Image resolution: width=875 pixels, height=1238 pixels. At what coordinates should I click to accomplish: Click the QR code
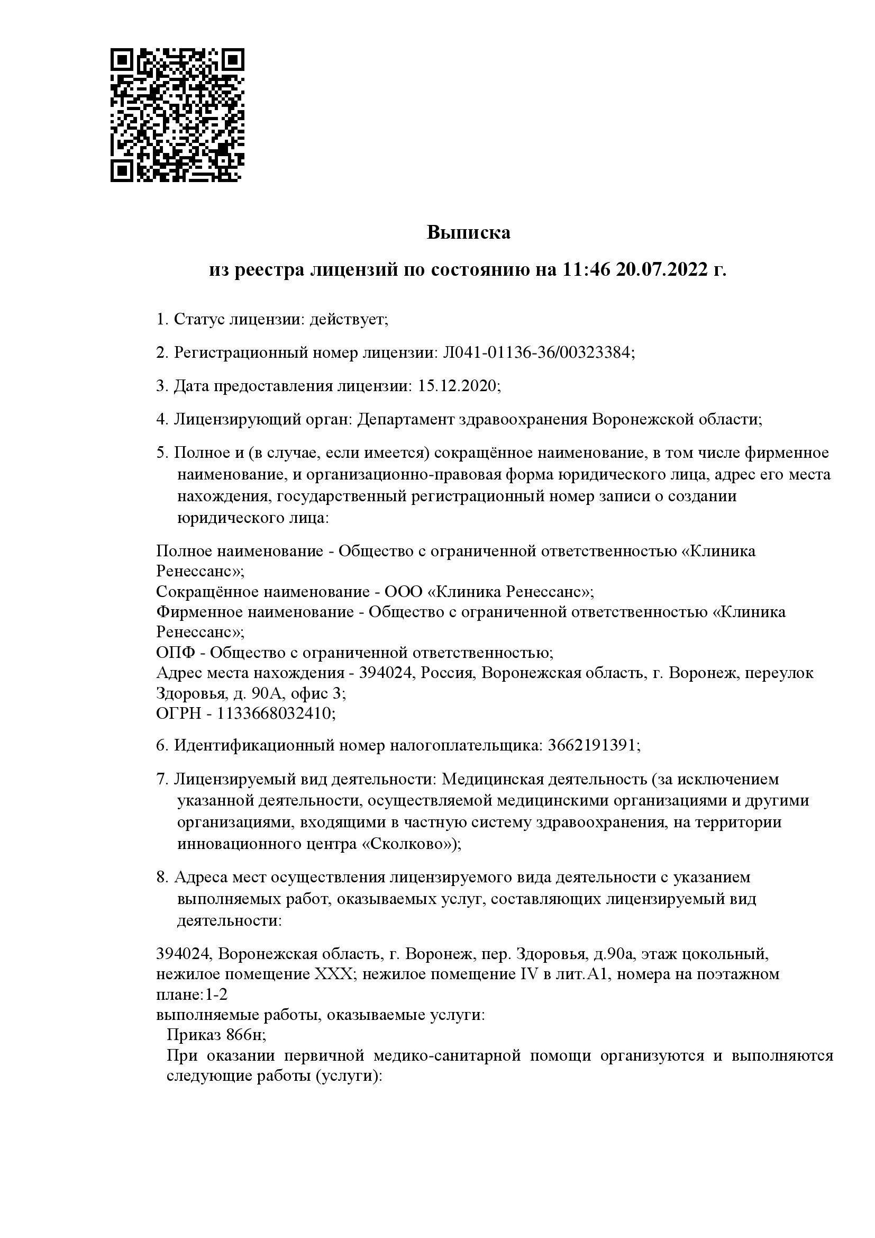[x=177, y=114]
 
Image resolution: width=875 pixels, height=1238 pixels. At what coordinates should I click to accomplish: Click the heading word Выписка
[x=468, y=232]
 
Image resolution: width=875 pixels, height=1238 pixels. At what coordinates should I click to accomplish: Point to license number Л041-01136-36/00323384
[x=536, y=353]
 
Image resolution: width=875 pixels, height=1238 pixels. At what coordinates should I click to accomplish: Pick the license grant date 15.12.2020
[x=459, y=386]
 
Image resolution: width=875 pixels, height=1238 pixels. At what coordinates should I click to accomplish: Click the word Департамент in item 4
[x=405, y=419]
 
